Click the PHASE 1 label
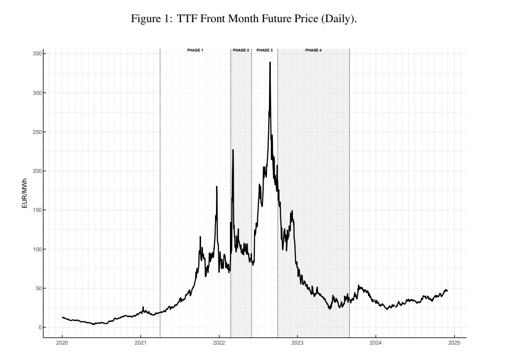click(x=195, y=50)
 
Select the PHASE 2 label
click(x=241, y=50)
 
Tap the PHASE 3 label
click(x=265, y=50)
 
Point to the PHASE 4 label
click(x=314, y=50)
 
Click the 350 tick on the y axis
click(x=37, y=53)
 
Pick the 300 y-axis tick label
click(x=37, y=92)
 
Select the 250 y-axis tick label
click(x=37, y=132)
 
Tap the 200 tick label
click(x=37, y=171)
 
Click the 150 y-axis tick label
click(x=37, y=210)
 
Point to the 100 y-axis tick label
click(x=37, y=249)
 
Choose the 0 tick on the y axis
click(x=39, y=327)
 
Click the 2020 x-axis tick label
click(x=62, y=343)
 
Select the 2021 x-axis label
click(x=140, y=343)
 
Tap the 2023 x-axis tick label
click(x=297, y=343)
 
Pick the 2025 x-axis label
click(x=455, y=343)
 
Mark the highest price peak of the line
click(x=270, y=62)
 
